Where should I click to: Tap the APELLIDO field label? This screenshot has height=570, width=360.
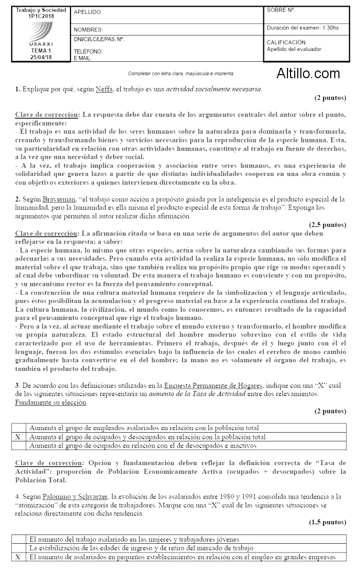coord(88,12)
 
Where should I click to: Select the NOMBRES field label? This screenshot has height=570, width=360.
coord(88,30)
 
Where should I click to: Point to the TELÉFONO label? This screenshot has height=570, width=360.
coord(88,51)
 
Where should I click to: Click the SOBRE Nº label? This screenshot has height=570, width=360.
coord(281,10)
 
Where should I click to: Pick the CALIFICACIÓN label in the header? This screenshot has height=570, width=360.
coord(286,42)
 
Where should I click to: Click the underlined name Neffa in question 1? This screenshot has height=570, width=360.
coord(105,89)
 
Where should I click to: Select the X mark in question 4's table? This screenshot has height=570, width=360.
coord(19,557)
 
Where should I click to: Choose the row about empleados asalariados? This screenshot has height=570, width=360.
coord(144,428)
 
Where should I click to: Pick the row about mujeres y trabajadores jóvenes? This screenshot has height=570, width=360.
coord(134,540)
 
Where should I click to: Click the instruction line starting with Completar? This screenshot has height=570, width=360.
coord(180,74)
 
